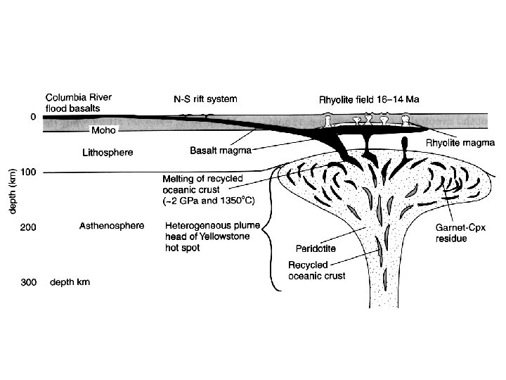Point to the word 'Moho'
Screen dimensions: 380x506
[x=104, y=130]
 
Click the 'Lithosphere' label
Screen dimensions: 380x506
[x=108, y=152]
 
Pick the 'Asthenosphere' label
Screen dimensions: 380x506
[x=112, y=226]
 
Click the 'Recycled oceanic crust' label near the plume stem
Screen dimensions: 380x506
[x=316, y=270]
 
